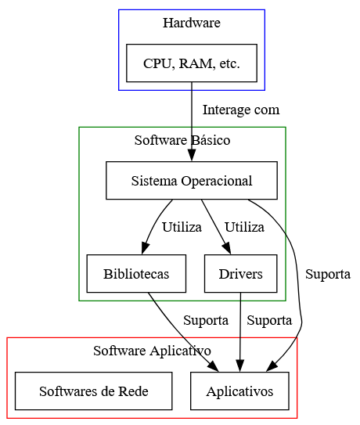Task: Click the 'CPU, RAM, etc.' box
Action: click(192, 63)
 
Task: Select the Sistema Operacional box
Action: click(192, 181)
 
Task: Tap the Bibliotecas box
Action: click(136, 273)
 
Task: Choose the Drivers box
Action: click(241, 273)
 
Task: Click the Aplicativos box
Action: click(239, 391)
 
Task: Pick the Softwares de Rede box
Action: click(94, 391)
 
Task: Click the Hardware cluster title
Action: click(192, 23)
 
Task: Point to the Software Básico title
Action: click(182, 140)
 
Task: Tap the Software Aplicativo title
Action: click(152, 351)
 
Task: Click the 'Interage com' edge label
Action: click(241, 110)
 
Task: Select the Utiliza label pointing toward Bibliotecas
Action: click(182, 227)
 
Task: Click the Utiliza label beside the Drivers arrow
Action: click(244, 227)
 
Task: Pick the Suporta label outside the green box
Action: click(328, 274)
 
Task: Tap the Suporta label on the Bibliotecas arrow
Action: click(206, 320)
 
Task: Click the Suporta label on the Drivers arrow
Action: click(269, 320)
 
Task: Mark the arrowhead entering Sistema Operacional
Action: click(192, 157)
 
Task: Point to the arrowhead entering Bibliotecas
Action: click(145, 249)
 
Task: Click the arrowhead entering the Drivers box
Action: click(227, 249)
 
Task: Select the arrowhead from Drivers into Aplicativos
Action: click(240, 366)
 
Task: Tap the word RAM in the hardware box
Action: click(196, 63)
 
